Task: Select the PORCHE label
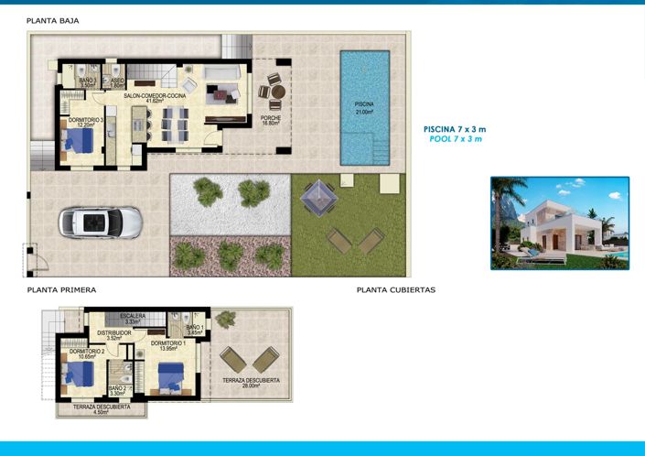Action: coord(270,119)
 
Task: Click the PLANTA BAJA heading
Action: coord(52,19)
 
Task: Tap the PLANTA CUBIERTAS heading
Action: coord(395,290)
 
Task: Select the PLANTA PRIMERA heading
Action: coord(61,290)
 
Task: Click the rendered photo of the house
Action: coord(559,223)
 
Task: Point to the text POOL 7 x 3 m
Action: coord(455,139)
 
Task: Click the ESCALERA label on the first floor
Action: coord(133,318)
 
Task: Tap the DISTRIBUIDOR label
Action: coord(114,333)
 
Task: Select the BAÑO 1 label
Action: coord(195,329)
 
